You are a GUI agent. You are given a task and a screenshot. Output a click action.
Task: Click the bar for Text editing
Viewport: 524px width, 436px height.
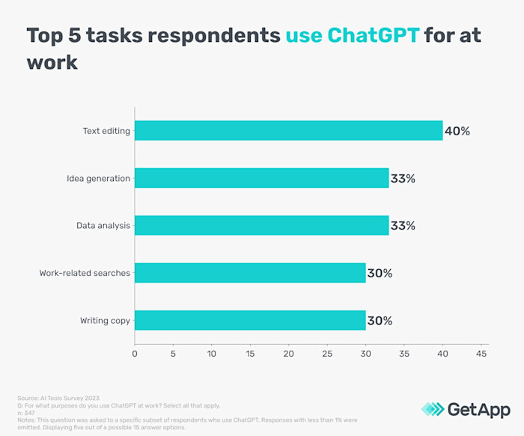click(x=288, y=131)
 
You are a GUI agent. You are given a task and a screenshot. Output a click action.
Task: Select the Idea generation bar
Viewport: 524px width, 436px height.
click(x=261, y=178)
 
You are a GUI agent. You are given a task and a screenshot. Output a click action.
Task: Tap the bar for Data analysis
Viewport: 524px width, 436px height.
click(x=261, y=225)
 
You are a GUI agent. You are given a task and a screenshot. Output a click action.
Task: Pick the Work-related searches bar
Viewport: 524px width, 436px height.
click(x=250, y=273)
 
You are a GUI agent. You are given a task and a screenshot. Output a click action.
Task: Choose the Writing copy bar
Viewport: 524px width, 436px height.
click(x=250, y=320)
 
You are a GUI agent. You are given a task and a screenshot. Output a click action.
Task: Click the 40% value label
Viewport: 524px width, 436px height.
click(x=457, y=131)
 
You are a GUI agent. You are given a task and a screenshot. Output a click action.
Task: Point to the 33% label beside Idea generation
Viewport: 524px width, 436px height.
click(x=403, y=178)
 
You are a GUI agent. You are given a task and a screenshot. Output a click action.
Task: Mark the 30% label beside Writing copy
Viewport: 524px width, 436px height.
click(x=380, y=321)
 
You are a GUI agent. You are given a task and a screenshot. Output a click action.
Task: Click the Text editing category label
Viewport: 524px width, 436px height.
click(x=106, y=131)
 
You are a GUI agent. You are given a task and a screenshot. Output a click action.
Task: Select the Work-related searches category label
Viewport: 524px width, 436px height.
click(x=85, y=273)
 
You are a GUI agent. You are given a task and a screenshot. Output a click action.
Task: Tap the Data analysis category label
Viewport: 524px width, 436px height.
click(x=103, y=226)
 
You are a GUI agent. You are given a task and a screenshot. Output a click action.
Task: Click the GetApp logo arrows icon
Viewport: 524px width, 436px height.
click(x=432, y=409)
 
